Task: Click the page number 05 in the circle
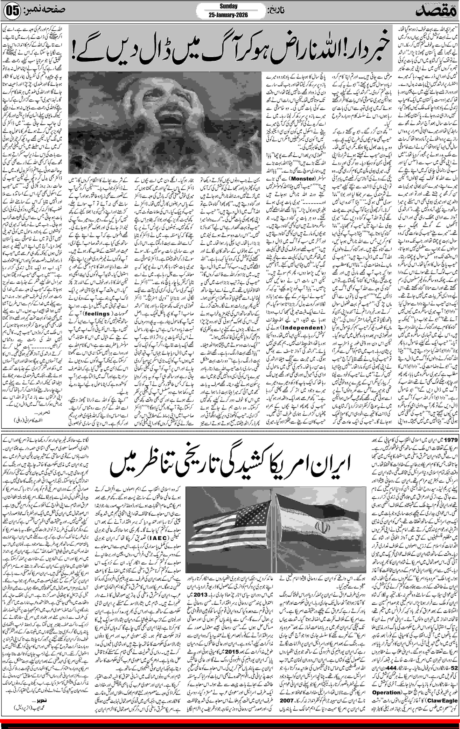(x=12, y=11)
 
